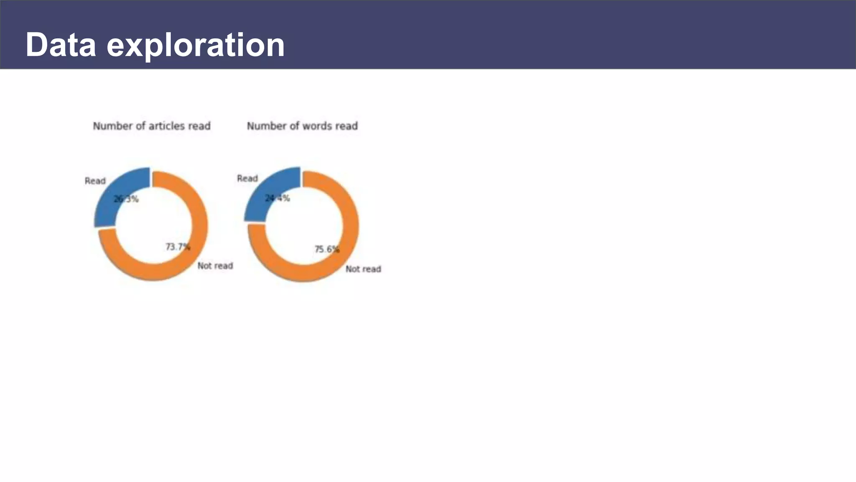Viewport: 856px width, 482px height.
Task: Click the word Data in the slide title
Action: pyautogui.click(x=61, y=45)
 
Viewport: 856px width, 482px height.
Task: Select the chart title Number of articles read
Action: pyautogui.click(x=152, y=126)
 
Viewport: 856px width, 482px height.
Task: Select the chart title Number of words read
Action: pyautogui.click(x=302, y=126)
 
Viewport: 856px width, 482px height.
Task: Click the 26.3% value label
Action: pyautogui.click(x=126, y=199)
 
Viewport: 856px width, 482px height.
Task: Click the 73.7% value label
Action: pyautogui.click(x=178, y=247)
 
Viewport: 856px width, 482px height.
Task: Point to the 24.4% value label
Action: pyautogui.click(x=277, y=198)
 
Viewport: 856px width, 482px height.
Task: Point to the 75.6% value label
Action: pyautogui.click(x=327, y=249)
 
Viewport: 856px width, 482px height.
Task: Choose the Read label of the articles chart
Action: pyautogui.click(x=95, y=181)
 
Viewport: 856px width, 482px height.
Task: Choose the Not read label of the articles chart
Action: pyautogui.click(x=215, y=266)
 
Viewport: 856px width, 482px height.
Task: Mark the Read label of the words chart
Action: pyautogui.click(x=247, y=179)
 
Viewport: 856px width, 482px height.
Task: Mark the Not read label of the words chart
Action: pyautogui.click(x=363, y=269)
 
